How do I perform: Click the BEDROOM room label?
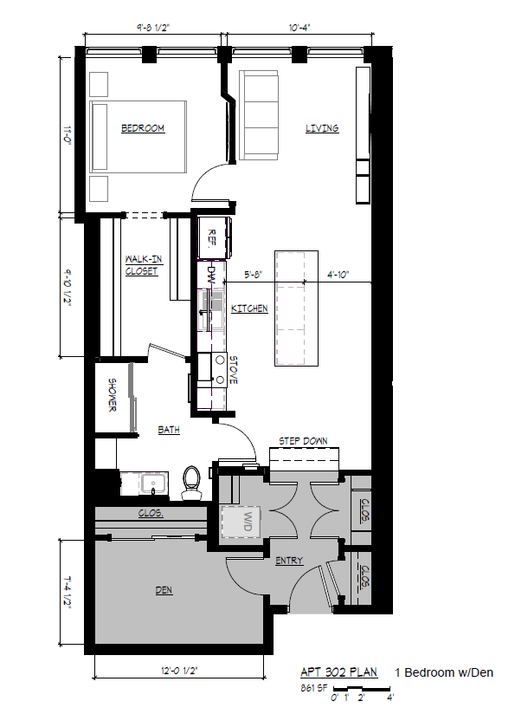(x=142, y=129)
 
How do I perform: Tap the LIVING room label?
(x=321, y=129)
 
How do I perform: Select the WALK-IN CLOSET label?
(x=141, y=264)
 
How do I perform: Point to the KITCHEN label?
(x=249, y=308)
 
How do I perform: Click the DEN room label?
(x=163, y=590)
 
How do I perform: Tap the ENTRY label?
(x=289, y=561)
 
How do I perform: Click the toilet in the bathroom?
(x=192, y=482)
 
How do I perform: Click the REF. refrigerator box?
(x=213, y=237)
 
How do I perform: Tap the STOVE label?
(x=232, y=370)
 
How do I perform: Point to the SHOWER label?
(x=113, y=395)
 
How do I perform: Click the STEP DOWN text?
(x=303, y=441)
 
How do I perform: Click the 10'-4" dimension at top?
(x=299, y=28)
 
